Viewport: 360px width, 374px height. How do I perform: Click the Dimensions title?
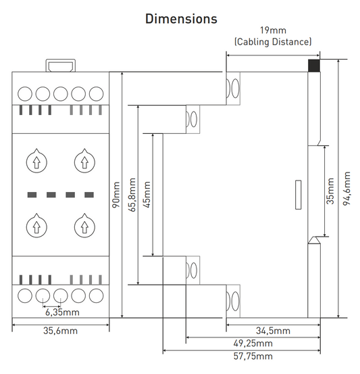point(181,18)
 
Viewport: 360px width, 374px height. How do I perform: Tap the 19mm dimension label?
point(273,30)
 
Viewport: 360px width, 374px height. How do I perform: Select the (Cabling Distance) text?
point(273,42)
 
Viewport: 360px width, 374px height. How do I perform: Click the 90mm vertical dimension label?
point(115,194)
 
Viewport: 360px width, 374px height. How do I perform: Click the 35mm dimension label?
point(330,192)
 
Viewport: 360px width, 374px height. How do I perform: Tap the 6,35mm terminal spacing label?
point(62,312)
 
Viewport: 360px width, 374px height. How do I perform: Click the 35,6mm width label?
point(61,332)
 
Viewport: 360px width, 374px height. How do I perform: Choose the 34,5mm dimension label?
point(274,331)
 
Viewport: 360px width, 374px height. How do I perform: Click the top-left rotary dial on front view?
point(35,161)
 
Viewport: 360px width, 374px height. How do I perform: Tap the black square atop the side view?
point(313,66)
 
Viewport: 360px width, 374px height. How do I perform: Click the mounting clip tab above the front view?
point(60,66)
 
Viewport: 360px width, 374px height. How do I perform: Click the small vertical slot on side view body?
point(297,195)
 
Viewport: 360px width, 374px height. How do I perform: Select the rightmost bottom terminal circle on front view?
point(95,295)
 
